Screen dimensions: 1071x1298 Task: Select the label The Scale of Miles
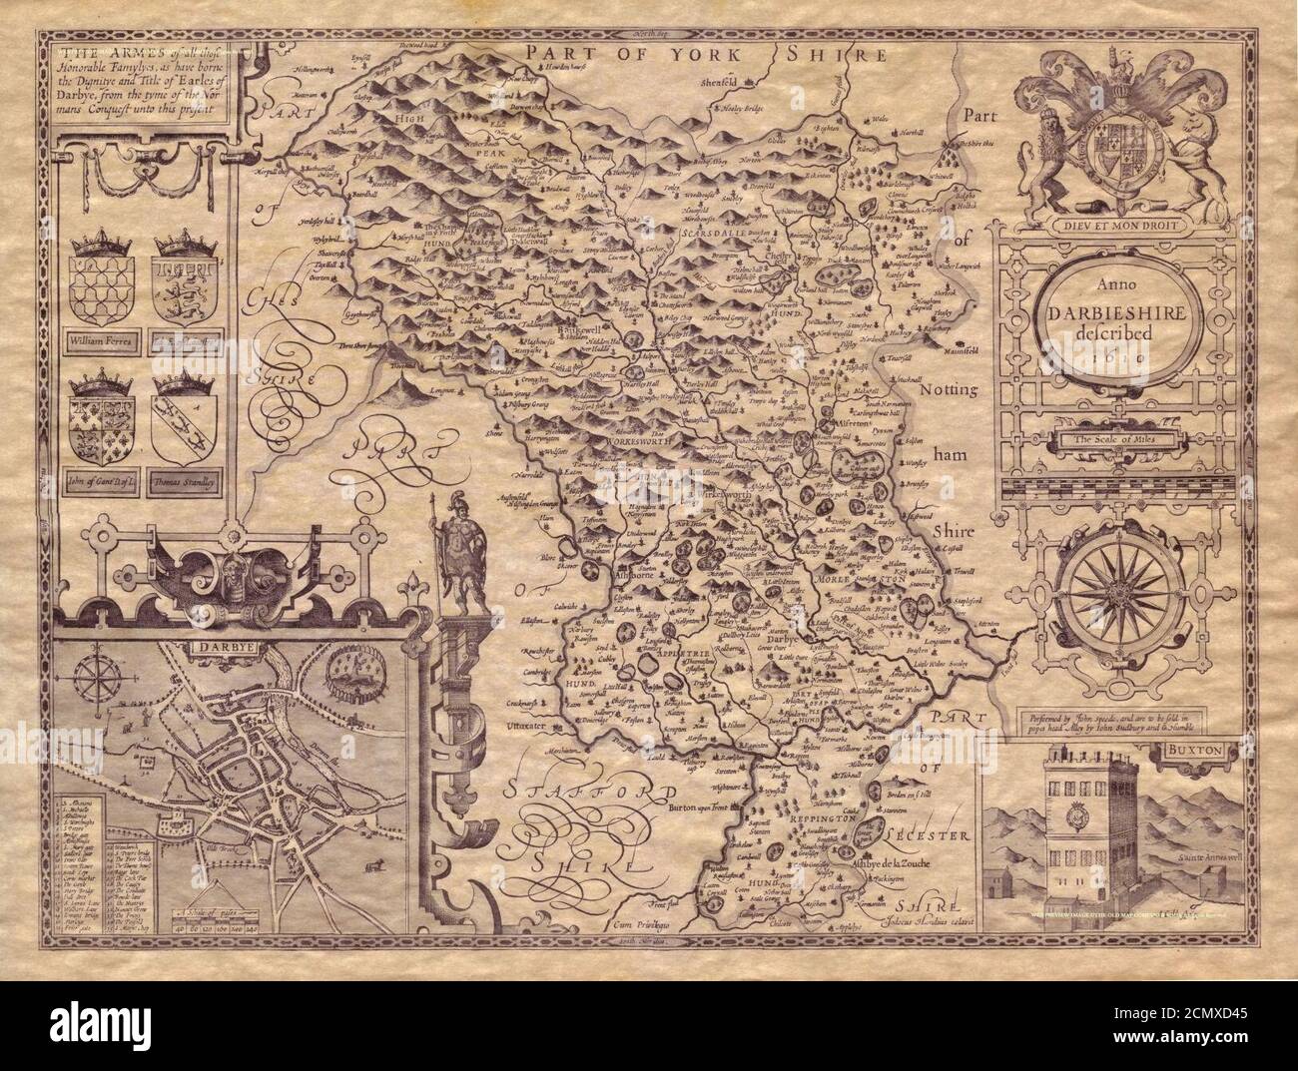(x=1106, y=440)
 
